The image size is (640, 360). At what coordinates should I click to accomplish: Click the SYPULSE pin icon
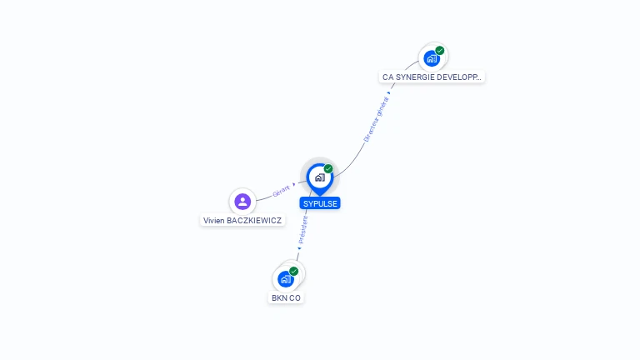tap(319, 177)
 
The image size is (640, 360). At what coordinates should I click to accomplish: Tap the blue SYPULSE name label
tap(321, 203)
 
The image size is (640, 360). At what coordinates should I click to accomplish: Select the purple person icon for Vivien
tap(242, 201)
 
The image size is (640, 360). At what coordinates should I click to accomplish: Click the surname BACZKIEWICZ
tap(254, 221)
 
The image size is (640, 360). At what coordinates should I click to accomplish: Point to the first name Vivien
tap(215, 221)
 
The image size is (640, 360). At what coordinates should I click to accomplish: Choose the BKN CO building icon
tap(286, 278)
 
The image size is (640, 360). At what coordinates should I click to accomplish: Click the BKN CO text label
tap(286, 297)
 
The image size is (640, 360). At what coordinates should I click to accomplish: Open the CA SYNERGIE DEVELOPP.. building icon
tap(431, 58)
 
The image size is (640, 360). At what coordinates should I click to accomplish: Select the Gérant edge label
tap(281, 189)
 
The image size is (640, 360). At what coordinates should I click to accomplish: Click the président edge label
tap(303, 228)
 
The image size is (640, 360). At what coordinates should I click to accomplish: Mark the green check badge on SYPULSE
tap(328, 168)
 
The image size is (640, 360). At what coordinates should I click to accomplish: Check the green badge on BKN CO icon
tap(294, 271)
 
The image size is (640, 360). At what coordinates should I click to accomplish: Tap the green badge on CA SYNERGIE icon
tap(440, 51)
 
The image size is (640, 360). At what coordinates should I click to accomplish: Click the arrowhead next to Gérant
tap(294, 183)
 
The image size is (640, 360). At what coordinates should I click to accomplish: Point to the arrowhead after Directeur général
tap(389, 93)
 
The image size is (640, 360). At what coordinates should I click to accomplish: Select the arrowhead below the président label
tap(299, 247)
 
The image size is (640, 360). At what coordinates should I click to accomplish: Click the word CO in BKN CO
tap(295, 297)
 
